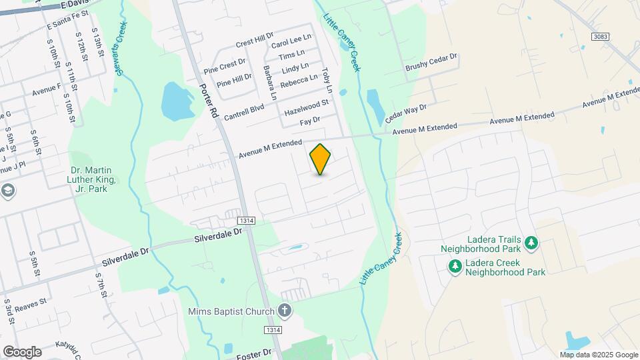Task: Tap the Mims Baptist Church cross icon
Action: click(x=285, y=310)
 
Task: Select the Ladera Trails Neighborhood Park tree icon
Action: click(x=531, y=243)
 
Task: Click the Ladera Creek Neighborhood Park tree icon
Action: click(x=455, y=267)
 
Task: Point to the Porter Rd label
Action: click(x=208, y=101)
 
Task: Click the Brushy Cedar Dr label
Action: click(x=431, y=63)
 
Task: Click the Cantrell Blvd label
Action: click(x=244, y=111)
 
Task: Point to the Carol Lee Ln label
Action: click(x=291, y=41)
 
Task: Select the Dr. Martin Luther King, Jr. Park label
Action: click(x=93, y=179)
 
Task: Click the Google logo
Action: click(x=21, y=351)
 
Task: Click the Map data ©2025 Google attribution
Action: click(x=599, y=355)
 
